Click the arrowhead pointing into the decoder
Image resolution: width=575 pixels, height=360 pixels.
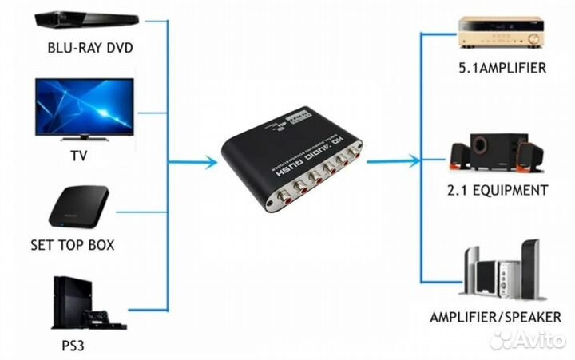tap(209, 163)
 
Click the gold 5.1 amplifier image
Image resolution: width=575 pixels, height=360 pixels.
tap(502, 31)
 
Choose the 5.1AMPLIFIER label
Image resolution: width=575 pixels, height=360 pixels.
tap(502, 68)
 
